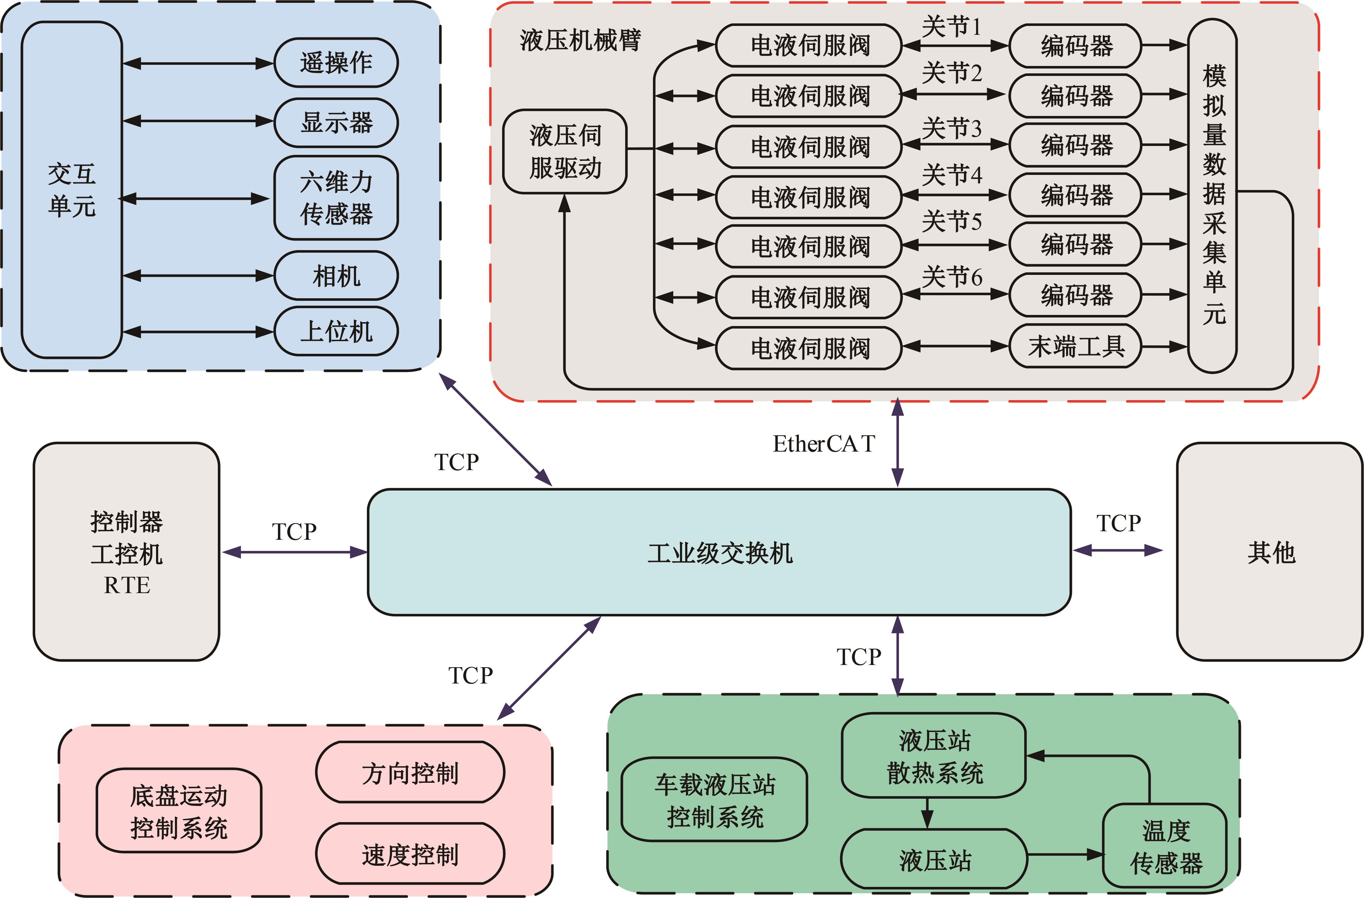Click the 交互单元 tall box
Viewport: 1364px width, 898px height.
[x=72, y=190]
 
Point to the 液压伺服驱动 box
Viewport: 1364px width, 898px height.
[x=564, y=151]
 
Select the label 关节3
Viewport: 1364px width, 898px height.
[x=951, y=128]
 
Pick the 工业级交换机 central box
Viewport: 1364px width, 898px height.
[x=719, y=552]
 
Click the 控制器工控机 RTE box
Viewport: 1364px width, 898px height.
[x=127, y=552]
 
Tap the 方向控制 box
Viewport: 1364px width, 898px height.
[x=410, y=772]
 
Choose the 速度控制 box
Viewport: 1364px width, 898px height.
[x=410, y=854]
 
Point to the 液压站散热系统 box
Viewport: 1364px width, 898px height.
[x=933, y=756]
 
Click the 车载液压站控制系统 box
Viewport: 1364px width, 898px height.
[x=714, y=800]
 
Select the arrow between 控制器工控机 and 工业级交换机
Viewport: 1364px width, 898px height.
[x=295, y=552]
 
